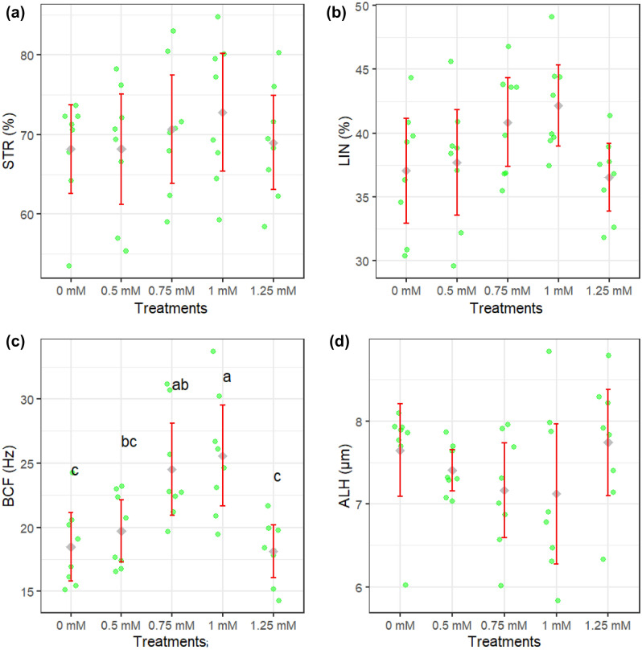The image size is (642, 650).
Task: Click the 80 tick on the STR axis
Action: (x=33, y=55)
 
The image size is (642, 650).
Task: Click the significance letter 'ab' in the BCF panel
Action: (x=179, y=385)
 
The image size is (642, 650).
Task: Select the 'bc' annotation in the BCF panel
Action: (x=129, y=442)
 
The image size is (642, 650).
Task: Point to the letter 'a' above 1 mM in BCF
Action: (x=227, y=377)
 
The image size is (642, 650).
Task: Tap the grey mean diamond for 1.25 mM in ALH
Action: (x=608, y=442)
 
